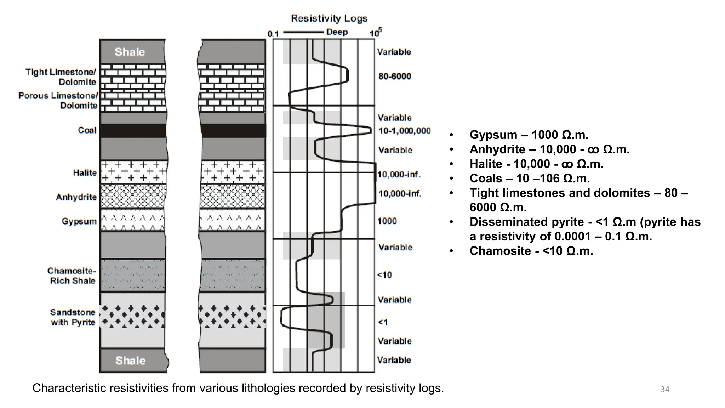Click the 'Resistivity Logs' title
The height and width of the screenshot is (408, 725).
tap(329, 18)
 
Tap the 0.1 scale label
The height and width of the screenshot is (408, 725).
tap(273, 34)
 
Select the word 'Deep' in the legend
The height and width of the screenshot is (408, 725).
tap(337, 32)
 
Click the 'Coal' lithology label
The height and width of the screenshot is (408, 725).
tap(87, 130)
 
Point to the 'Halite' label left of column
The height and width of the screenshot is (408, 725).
tap(85, 173)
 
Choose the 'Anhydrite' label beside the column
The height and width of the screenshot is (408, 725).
tap(76, 197)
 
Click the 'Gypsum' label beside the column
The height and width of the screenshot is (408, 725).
tap(79, 221)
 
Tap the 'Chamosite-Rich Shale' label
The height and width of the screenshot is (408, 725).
tap(72, 276)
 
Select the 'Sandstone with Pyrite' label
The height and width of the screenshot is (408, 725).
tap(73, 317)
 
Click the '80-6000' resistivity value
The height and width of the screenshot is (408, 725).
tap(395, 76)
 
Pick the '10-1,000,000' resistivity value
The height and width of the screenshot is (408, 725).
tap(405, 131)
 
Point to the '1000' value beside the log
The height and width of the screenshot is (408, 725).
tap(387, 221)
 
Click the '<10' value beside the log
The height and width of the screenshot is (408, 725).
tap(384, 275)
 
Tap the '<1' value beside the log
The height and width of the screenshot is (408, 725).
tap(383, 322)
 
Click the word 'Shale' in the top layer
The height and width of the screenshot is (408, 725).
tap(130, 52)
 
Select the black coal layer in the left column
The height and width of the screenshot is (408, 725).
tap(133, 131)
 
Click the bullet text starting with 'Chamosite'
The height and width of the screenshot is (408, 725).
tap(531, 251)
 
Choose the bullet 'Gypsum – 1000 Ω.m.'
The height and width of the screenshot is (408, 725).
tap(529, 135)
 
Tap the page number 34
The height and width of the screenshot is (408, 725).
tap(665, 390)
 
